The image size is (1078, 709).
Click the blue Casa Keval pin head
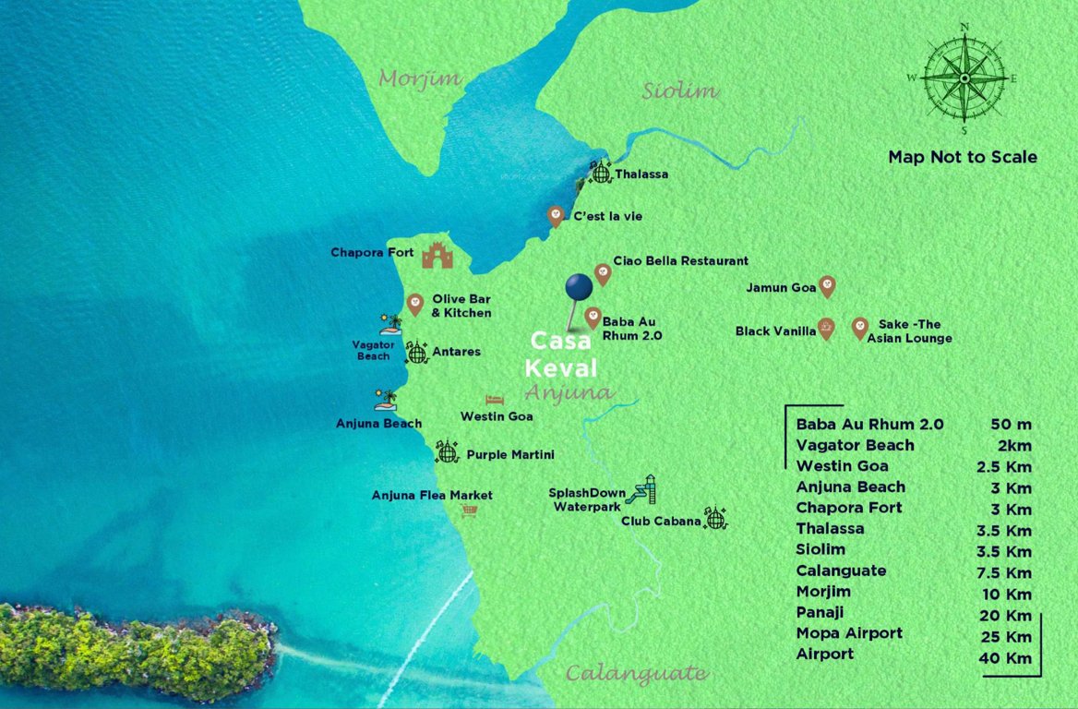point(579,286)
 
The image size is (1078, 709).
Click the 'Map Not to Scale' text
point(963,157)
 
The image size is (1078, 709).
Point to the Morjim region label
point(419,78)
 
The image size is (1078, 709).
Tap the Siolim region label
point(680,90)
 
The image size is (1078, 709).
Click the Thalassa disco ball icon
point(601,172)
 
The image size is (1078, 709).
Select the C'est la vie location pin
point(556,215)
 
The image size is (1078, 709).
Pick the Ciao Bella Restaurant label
point(681,261)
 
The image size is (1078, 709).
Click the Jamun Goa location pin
point(827,287)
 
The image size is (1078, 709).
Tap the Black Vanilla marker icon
point(826,329)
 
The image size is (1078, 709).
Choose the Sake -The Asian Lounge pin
point(859,327)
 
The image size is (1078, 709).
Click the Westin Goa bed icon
point(495,400)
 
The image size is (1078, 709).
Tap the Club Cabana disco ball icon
point(715,518)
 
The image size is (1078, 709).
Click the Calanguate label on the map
point(636,673)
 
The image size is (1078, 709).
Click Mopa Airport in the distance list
point(849,633)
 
